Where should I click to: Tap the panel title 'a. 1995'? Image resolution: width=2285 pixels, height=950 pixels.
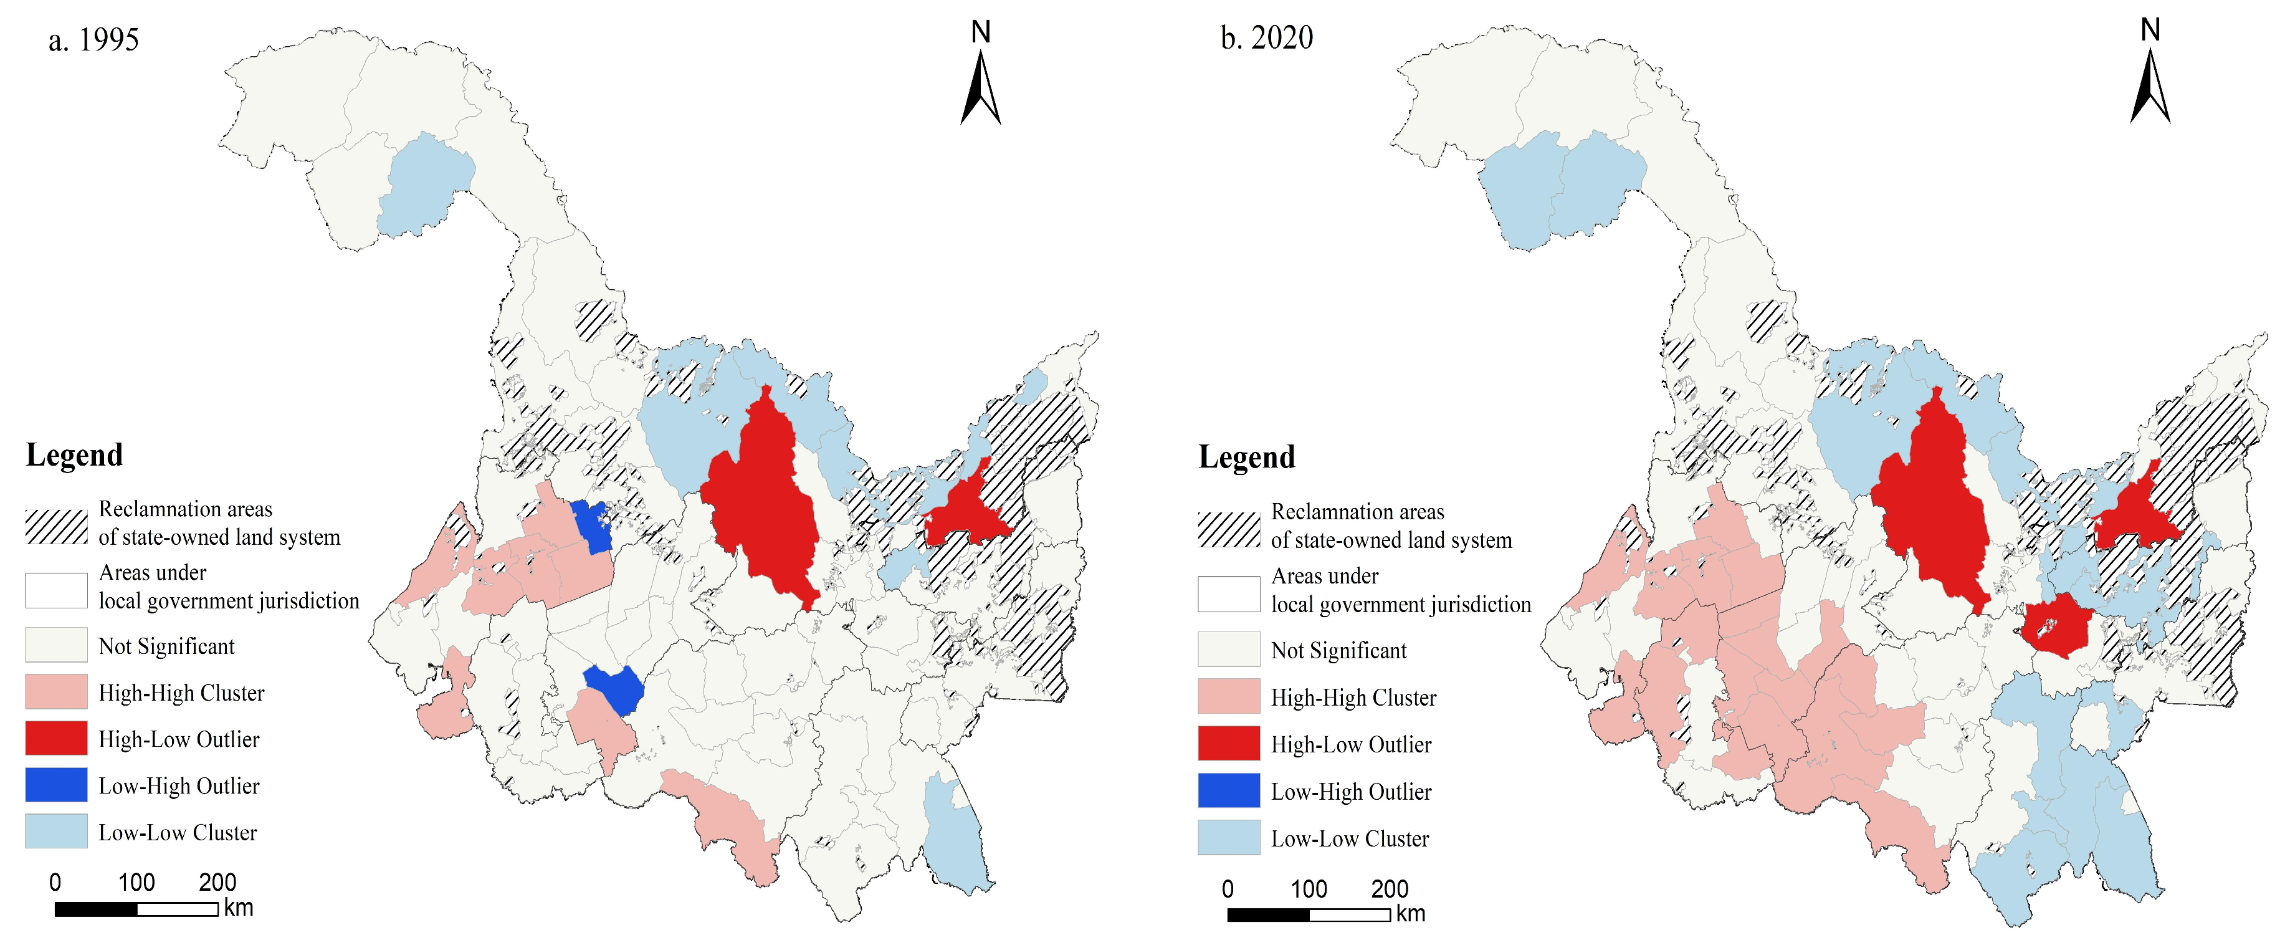click(93, 40)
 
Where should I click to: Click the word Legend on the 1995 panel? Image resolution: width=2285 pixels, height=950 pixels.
click(75, 455)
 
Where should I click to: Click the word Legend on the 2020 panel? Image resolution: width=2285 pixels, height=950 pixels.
click(1246, 458)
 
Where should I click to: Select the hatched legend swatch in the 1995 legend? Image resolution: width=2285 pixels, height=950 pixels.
click(56, 526)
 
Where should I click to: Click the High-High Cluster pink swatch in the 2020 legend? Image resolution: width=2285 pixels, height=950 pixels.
click(1229, 696)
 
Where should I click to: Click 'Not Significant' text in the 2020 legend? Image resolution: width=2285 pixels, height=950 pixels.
click(1338, 651)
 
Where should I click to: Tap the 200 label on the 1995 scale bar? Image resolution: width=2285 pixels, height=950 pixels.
click(217, 883)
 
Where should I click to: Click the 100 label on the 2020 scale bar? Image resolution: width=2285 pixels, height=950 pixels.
click(1309, 889)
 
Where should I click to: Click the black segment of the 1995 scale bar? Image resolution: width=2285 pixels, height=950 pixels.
click(96, 909)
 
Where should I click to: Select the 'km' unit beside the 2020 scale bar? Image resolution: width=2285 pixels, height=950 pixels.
click(1410, 914)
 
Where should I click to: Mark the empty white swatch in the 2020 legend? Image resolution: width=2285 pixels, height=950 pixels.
click(1229, 594)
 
